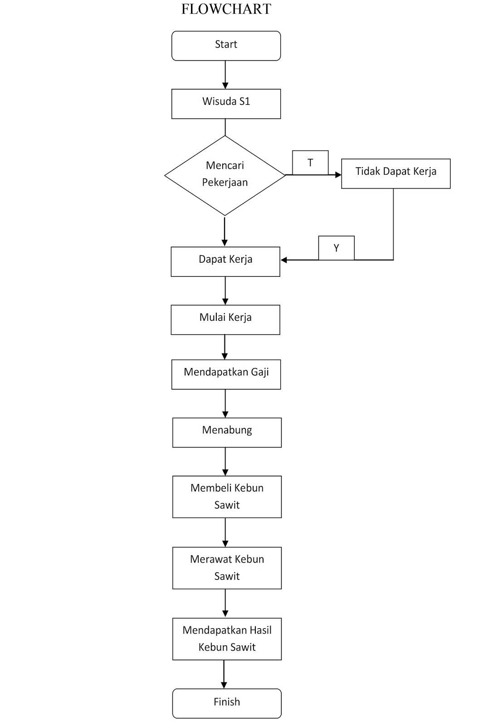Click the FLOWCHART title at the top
226,9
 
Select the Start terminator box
226,45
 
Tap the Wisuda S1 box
226,103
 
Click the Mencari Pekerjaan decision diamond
225,175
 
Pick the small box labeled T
310,162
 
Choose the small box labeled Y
336,248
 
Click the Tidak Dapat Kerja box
396,173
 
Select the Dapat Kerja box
225,261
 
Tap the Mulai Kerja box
225,319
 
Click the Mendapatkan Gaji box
226,374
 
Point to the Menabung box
227,432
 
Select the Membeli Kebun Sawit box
227,496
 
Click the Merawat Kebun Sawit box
227,568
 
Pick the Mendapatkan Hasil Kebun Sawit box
227,638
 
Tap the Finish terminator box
227,703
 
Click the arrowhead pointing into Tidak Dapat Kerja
338,175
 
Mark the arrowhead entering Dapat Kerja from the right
284,260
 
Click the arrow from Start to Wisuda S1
225,75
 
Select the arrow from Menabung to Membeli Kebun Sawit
225,461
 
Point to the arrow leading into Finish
224,674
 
